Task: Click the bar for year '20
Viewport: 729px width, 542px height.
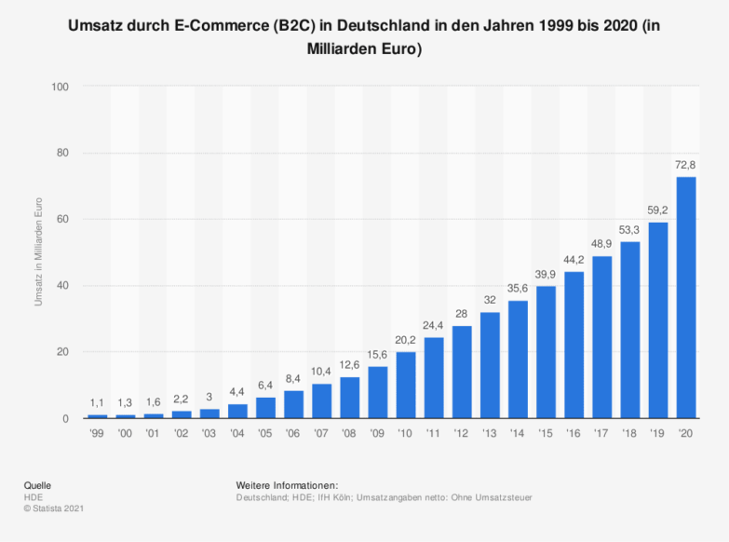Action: point(685,297)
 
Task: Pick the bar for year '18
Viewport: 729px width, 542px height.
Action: point(629,330)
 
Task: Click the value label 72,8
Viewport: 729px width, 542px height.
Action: point(685,165)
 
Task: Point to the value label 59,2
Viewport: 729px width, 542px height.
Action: point(657,210)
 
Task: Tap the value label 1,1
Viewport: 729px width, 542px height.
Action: point(98,403)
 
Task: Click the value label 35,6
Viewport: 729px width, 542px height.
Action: point(518,289)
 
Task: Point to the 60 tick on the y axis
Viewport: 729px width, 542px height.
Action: point(63,220)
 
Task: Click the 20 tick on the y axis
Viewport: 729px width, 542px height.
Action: point(63,352)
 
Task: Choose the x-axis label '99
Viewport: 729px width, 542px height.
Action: point(98,433)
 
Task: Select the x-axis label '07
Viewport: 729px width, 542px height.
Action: point(321,433)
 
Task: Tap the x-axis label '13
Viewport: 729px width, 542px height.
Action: point(490,433)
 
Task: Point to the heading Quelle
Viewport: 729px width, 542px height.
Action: point(37,485)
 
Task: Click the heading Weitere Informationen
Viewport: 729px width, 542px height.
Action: point(287,485)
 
